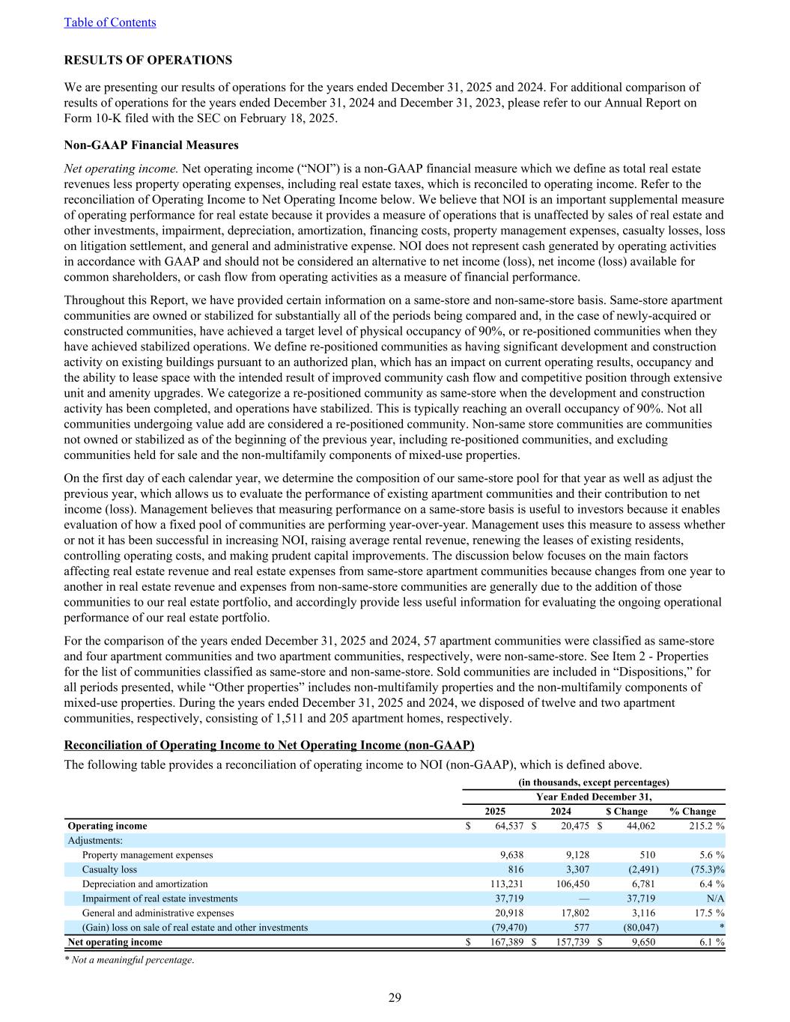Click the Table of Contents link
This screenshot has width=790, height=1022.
110,22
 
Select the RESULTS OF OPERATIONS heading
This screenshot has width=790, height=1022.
148,60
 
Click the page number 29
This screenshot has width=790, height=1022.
395,997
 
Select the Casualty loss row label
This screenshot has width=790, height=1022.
109,869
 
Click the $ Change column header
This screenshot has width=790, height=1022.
626,811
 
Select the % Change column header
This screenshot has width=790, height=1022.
693,811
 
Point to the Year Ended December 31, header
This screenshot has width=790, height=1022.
594,797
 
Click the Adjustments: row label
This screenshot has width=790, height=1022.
95,840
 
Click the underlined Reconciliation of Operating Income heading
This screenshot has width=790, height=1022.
269,745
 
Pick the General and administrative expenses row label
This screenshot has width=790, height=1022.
158,913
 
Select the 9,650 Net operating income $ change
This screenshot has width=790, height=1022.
642,942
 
